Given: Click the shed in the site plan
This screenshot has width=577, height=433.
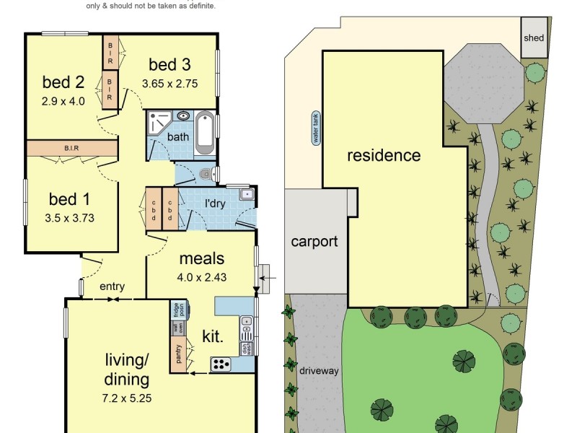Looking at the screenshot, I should tap(534, 38).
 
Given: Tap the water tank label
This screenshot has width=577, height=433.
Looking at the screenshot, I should tap(315, 128).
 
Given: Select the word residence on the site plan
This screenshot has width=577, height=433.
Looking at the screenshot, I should tap(383, 155).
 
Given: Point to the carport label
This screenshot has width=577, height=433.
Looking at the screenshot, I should tap(314, 241).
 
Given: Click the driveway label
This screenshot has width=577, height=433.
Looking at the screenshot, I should tap(319, 371).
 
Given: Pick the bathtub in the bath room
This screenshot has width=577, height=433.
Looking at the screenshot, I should tap(205, 134).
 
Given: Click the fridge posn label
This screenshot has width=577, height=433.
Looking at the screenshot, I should tap(177, 311).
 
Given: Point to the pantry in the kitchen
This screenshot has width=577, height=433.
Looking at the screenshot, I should tap(177, 354).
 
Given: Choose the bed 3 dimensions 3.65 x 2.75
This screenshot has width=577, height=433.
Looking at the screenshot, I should tap(169, 83).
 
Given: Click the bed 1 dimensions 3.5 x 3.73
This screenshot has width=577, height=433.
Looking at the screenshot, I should tap(71, 216).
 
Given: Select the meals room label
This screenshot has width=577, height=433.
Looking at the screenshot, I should tap(201, 258).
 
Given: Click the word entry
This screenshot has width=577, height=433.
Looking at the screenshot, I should tap(112, 287).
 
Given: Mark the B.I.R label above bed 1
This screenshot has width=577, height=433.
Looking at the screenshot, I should tap(71, 148).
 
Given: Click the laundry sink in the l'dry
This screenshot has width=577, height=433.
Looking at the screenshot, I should tap(247, 193).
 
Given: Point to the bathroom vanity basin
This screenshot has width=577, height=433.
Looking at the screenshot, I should tap(182, 115).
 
